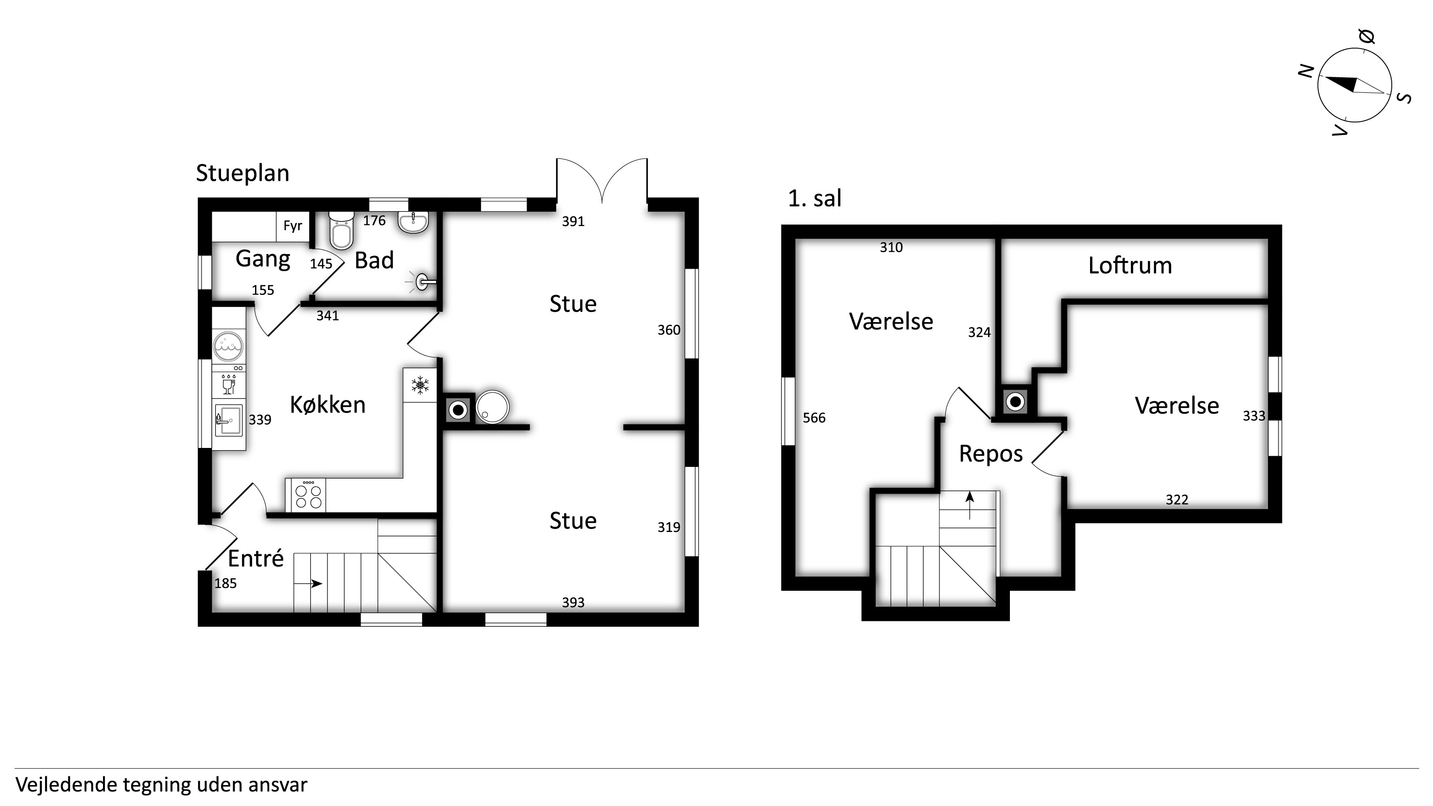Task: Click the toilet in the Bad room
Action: tap(341, 230)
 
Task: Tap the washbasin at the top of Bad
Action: tap(413, 222)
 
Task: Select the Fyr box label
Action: tap(292, 226)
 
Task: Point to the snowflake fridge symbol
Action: tap(420, 385)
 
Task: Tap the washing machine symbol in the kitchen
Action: tap(228, 346)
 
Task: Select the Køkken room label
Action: tap(328, 405)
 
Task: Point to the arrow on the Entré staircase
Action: tap(308, 583)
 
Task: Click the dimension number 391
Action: tap(573, 222)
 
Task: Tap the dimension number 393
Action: tap(573, 602)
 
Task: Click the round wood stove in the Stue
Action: tap(492, 407)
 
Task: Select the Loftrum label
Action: tap(1130, 266)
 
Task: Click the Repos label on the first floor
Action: tap(991, 454)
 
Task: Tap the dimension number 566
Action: tap(814, 418)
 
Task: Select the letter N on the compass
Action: tap(1306, 71)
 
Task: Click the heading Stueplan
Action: tap(242, 173)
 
